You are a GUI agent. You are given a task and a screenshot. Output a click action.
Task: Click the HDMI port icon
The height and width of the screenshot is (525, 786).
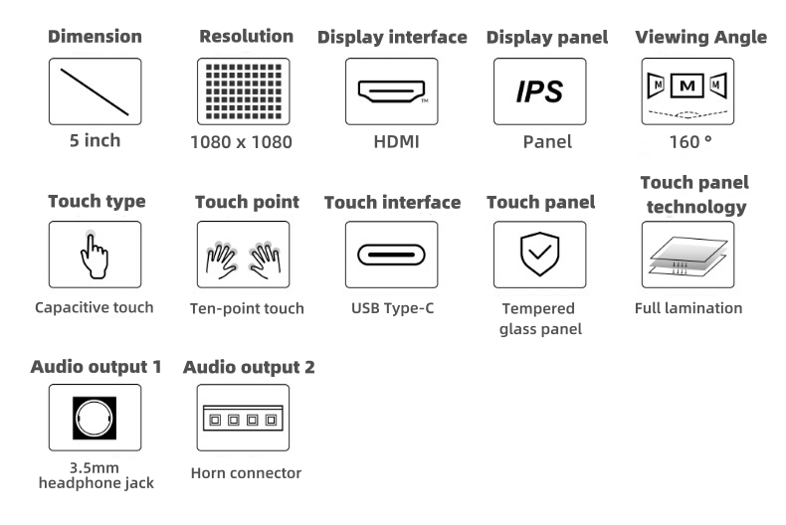point(392,91)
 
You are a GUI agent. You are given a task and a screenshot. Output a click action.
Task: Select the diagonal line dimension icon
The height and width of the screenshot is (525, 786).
point(95,90)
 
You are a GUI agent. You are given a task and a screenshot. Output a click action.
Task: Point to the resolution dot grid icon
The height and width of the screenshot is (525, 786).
point(243,91)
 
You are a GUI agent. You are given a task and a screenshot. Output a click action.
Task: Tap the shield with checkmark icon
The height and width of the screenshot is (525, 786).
point(540,255)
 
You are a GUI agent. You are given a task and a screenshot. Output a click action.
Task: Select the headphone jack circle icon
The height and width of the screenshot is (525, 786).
point(95,418)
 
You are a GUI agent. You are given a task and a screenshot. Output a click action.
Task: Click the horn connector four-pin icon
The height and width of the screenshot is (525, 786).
point(243,419)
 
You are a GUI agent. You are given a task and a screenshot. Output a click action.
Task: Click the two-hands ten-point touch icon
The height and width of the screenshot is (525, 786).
point(243,256)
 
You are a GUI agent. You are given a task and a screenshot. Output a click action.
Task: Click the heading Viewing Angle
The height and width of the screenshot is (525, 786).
point(700,38)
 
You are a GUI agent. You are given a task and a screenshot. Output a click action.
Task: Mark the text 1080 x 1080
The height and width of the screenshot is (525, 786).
point(242,142)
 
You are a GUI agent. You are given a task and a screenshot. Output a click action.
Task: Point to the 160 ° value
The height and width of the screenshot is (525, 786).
point(690,142)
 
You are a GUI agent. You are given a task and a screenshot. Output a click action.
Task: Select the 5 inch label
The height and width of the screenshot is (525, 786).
point(95,141)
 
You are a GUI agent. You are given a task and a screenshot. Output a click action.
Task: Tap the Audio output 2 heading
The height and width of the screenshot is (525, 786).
point(249,367)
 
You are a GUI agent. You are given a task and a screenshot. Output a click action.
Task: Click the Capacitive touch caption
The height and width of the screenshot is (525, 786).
point(95,307)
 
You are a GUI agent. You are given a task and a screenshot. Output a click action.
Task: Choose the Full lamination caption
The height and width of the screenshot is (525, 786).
point(688,308)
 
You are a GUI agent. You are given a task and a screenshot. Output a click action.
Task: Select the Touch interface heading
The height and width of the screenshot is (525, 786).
point(392,203)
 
